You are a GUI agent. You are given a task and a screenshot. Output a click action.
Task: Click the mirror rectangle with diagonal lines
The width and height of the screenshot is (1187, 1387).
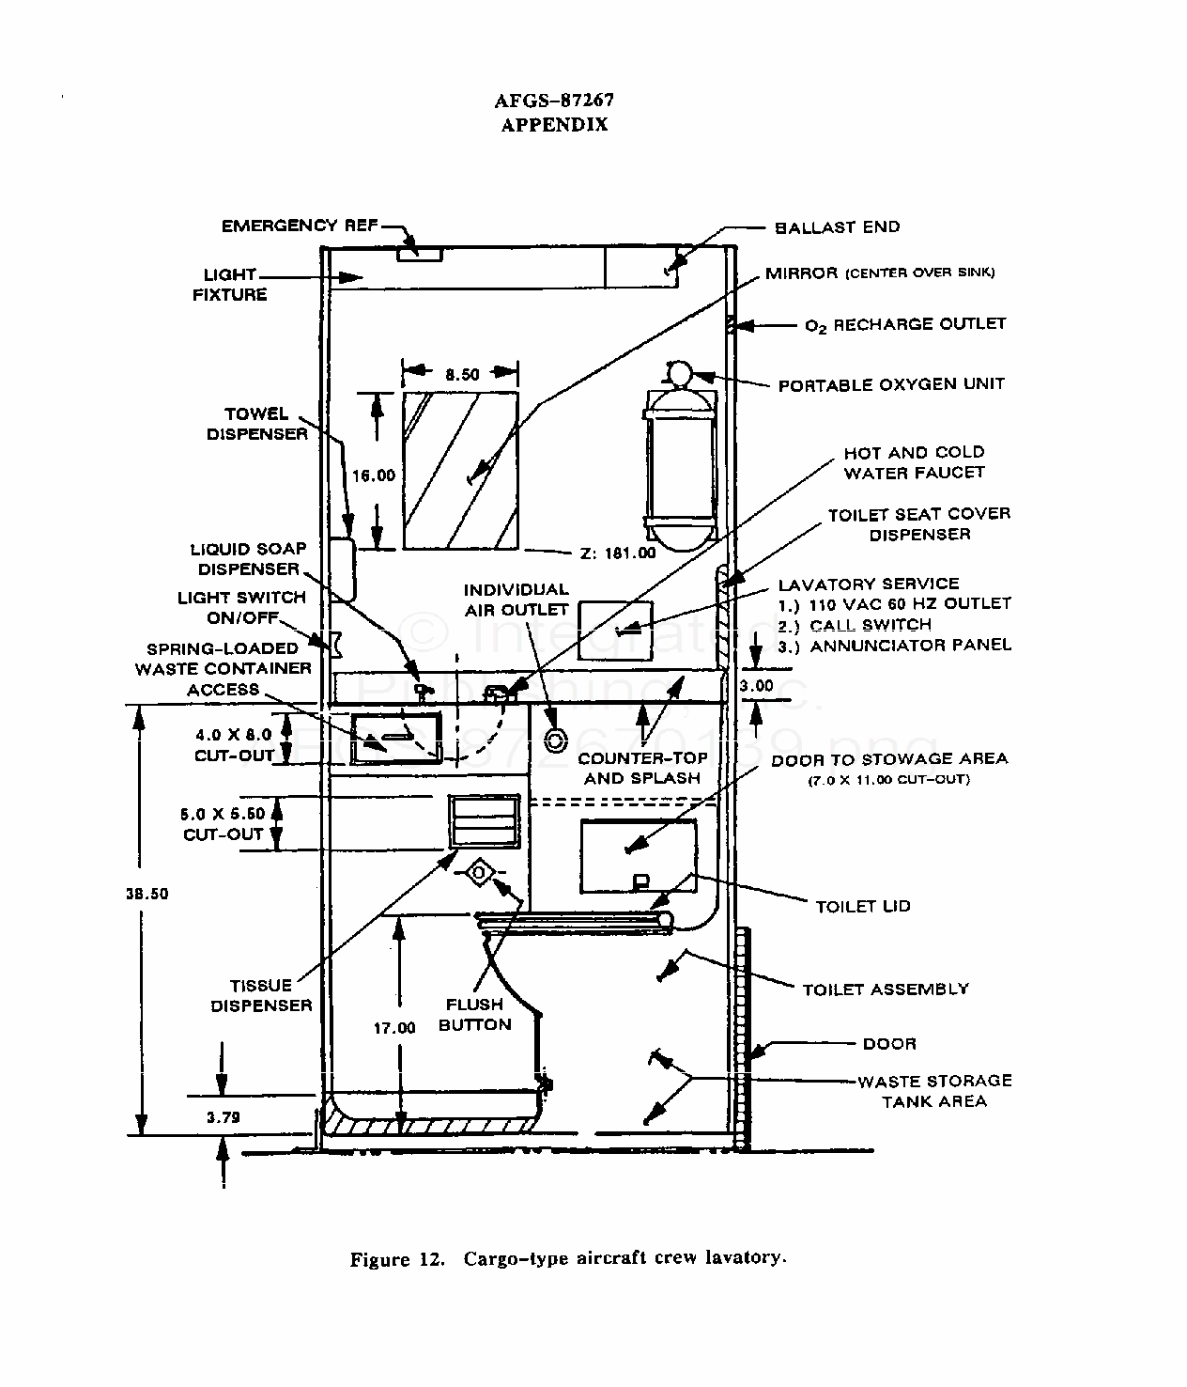(460, 470)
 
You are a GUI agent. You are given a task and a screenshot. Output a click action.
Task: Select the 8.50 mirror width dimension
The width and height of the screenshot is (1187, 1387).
(462, 374)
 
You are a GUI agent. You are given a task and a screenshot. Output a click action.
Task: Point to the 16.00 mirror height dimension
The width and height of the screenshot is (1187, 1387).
(374, 475)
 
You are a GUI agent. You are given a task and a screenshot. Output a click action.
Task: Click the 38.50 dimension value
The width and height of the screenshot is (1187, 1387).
(147, 894)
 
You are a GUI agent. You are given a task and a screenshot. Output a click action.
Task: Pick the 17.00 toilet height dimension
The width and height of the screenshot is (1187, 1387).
(395, 1028)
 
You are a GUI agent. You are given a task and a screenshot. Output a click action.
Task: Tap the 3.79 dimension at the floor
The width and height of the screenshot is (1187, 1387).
(223, 1117)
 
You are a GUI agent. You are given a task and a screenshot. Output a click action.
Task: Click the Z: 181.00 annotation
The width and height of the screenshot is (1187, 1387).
(619, 553)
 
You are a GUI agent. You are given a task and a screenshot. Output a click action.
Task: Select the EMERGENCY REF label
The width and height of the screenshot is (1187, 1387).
(300, 226)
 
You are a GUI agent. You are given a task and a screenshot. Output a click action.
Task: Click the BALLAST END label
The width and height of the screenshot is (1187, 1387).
(837, 227)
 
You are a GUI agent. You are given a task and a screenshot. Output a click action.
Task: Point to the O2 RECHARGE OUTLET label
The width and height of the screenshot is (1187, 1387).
(905, 325)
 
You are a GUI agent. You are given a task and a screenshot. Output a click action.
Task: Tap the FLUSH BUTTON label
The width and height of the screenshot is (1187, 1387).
(475, 1014)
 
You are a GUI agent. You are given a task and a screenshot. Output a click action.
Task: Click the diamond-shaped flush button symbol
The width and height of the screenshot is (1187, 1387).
(479, 874)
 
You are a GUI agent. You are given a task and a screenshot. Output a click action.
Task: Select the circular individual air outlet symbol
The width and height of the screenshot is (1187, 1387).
(555, 740)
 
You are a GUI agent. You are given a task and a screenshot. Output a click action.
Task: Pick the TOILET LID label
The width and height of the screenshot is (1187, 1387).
(863, 907)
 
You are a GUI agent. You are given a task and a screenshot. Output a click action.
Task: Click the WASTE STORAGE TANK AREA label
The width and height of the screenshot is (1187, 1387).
(934, 1091)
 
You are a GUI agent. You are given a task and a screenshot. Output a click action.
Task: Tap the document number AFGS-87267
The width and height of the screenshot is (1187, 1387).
(554, 101)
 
